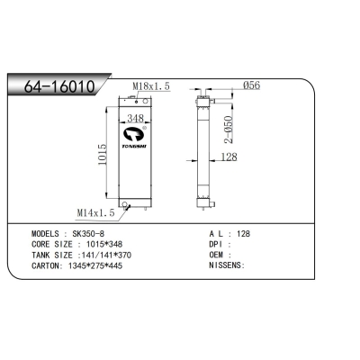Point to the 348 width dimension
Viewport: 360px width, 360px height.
136,119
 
